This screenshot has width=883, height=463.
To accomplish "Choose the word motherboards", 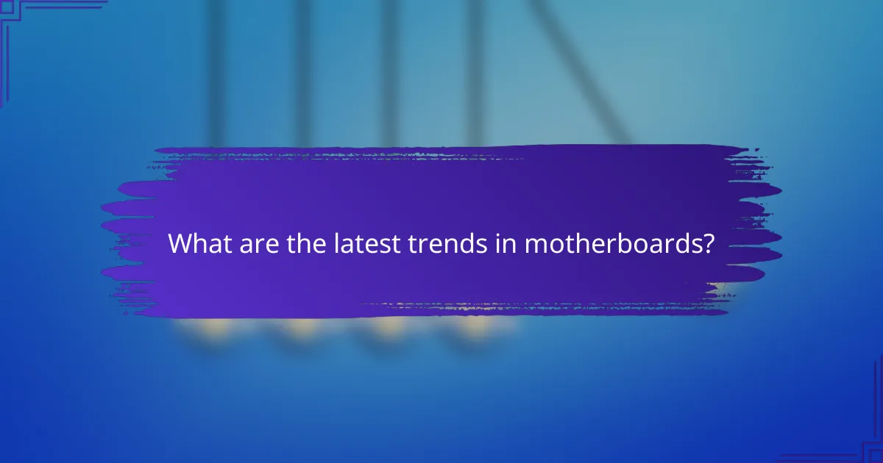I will click(x=610, y=243).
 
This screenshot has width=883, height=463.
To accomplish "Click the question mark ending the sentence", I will click(x=708, y=243).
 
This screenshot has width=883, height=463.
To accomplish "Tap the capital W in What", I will click(x=181, y=243).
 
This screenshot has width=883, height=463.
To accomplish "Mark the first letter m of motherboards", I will click(x=535, y=245).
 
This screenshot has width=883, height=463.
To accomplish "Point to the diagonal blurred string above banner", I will click(x=581, y=73).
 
